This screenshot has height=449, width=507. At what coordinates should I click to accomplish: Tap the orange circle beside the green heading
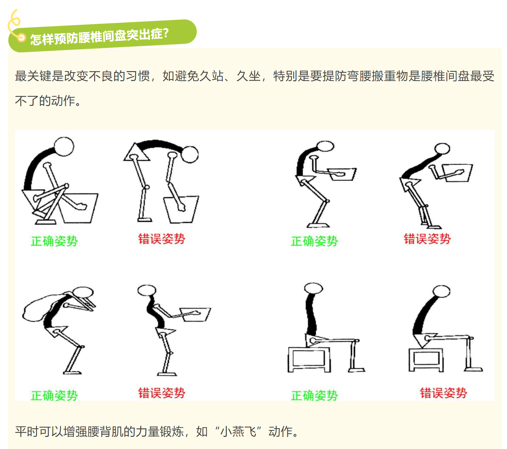pyautogui.click(x=22, y=38)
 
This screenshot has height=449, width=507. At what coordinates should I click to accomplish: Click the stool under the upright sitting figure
pyautogui.click(x=309, y=359)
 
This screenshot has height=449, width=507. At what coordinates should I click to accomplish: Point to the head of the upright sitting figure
pyautogui.click(x=313, y=289)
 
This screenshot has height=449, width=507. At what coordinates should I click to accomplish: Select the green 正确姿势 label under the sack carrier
pyautogui.click(x=54, y=395)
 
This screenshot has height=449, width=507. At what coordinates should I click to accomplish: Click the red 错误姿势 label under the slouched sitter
pyautogui.click(x=443, y=393)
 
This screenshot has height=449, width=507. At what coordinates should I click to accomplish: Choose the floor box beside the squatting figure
pyautogui.click(x=78, y=208)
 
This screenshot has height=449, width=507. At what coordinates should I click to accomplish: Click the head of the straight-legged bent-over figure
pyautogui.click(x=190, y=154)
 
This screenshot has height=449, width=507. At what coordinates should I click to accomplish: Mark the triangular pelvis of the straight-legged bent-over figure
pyautogui.click(x=137, y=152)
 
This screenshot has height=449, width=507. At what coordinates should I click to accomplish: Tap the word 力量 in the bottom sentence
pyautogui.click(x=147, y=431)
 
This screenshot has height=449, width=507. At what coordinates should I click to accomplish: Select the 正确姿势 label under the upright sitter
pyautogui.click(x=314, y=395)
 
